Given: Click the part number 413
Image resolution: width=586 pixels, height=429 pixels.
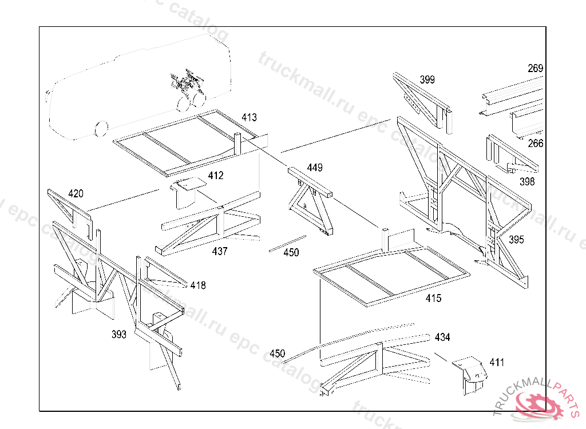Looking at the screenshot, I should coord(249,118).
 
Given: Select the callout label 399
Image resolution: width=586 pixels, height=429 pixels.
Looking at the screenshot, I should coord(427,80).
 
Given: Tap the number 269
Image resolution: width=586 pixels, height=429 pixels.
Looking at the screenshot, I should coord(535,69).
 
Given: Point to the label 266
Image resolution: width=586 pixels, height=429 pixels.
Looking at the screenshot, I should coord(535,144).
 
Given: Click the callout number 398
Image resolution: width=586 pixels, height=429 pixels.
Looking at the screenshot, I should coord(527,182).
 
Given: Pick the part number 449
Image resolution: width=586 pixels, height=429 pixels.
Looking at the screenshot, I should coord(315,168).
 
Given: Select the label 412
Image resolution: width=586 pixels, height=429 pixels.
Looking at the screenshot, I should coord(216,176).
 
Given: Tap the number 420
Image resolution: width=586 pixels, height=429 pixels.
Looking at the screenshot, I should coord(76,193).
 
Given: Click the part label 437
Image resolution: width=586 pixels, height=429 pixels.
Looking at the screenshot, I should coord(220,251).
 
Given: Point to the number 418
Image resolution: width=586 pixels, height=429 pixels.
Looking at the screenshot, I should coord(198,285).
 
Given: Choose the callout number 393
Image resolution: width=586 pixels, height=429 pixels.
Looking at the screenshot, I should coord(119,335).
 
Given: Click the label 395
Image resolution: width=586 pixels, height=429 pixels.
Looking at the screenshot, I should coord(516,240).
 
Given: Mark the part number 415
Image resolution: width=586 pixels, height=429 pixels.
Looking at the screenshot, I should coord(433,298).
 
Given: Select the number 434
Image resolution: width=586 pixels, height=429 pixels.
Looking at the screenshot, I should coord(442,337).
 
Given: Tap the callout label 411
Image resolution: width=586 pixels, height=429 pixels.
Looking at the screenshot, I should coord(497,362).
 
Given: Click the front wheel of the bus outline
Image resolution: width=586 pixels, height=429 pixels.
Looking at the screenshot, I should coord(101,128).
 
